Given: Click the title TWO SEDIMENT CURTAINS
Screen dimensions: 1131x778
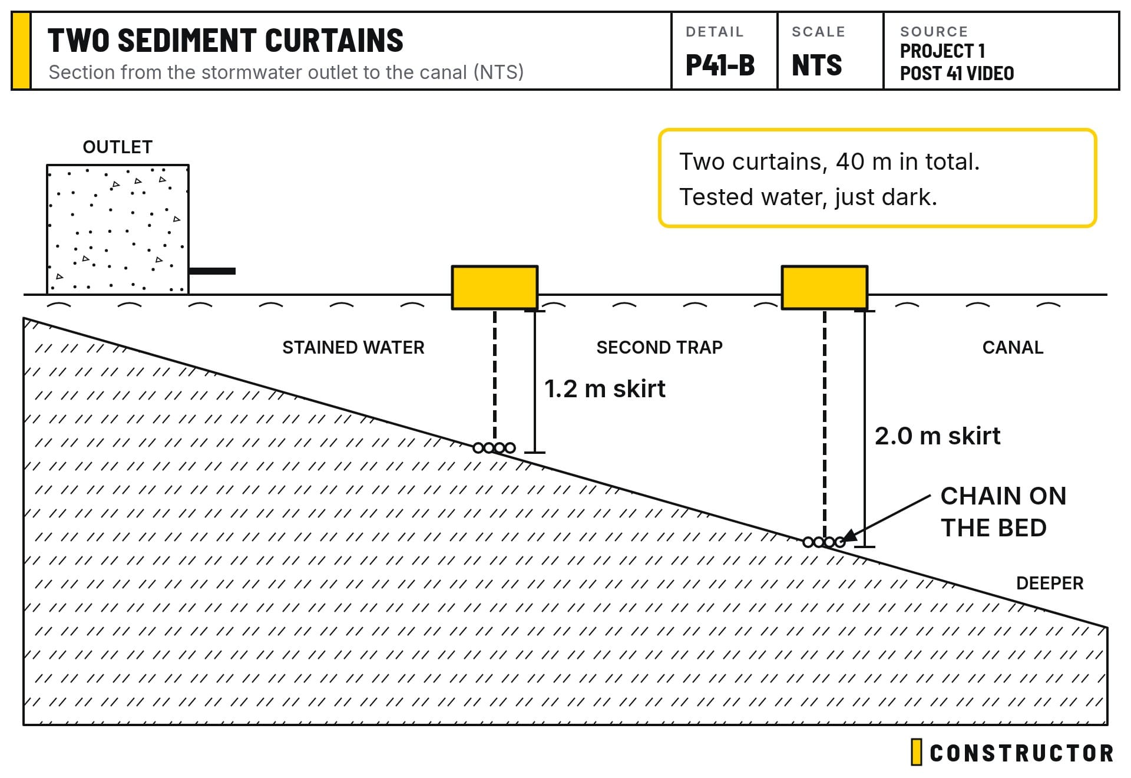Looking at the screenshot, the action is [x=226, y=41].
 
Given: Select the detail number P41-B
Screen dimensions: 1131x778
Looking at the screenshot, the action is [x=720, y=65].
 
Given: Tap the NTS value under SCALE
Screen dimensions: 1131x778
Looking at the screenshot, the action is [x=817, y=65].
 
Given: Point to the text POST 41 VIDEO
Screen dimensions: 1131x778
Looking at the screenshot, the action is [x=957, y=74].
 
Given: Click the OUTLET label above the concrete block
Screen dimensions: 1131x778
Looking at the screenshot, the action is [x=118, y=147].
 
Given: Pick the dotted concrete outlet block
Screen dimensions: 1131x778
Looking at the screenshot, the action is [x=118, y=229].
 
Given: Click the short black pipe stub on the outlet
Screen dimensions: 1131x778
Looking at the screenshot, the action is [x=212, y=271].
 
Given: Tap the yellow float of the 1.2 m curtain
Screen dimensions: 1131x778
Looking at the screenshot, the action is [x=495, y=288].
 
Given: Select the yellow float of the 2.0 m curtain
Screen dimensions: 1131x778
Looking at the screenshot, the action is [x=825, y=288].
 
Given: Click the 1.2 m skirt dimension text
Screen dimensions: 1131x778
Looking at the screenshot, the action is [x=605, y=389].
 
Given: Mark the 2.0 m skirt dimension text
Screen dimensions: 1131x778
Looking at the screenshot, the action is [x=937, y=436].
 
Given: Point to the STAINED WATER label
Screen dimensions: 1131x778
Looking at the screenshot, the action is [x=353, y=348].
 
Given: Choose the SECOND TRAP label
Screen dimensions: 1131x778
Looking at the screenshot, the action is [x=660, y=348].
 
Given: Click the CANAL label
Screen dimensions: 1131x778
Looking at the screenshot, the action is [x=1013, y=348].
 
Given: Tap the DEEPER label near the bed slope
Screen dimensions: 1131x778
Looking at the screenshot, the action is [x=1050, y=583].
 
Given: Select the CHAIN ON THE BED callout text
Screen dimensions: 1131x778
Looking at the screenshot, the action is [x=1003, y=512].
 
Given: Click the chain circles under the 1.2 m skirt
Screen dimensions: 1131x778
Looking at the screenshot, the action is [x=494, y=448].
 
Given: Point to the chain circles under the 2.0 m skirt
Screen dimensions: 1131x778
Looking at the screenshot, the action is [x=824, y=542].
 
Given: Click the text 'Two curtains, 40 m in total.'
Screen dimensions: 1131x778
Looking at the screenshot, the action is [x=829, y=161].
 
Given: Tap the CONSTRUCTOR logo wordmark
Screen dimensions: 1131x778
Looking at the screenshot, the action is [x=1021, y=753].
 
